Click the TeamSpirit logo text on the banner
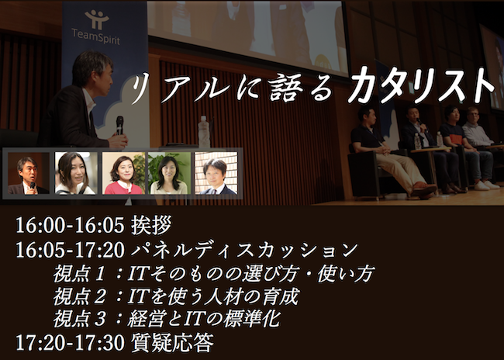pyautogui.click(x=96, y=36)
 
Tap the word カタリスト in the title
pyautogui.click(x=421, y=85)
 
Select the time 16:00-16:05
pyautogui.click(x=70, y=225)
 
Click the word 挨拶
pyautogui.click(x=151, y=225)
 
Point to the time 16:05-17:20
pyautogui.click(x=70, y=251)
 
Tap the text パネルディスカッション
pyautogui.click(x=244, y=251)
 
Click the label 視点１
pyautogui.click(x=79, y=274)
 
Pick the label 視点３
pyautogui.click(x=79, y=320)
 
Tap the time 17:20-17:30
pyautogui.click(x=70, y=343)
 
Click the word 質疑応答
pyautogui.click(x=172, y=343)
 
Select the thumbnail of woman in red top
pyautogui.click(x=123, y=173)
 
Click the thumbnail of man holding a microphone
pyautogui.click(x=29, y=173)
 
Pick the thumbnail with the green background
pyautogui.click(x=169, y=173)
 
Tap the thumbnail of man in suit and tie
pyautogui.click(x=216, y=173)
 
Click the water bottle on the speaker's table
pyautogui.click(x=204, y=132)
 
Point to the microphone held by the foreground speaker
pyautogui.click(x=120, y=125)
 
